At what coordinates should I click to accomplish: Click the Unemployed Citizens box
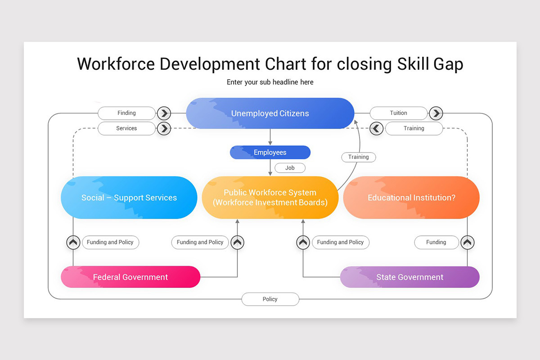pos(270,113)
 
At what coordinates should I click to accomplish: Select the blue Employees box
pos(270,153)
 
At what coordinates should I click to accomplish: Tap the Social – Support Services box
pos(129,198)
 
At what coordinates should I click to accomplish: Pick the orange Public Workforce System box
pos(270,198)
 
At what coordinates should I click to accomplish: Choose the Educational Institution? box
pos(411,198)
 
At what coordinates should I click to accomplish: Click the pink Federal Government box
pos(130,277)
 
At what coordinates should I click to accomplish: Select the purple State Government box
pos(409,277)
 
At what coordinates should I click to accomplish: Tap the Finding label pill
pos(126,113)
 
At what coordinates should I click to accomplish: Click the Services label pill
pos(126,128)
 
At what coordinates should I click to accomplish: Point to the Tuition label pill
pos(398,113)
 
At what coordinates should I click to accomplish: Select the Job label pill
pos(290,168)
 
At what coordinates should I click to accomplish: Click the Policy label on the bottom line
pos(270,299)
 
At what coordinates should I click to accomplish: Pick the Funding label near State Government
pos(436,242)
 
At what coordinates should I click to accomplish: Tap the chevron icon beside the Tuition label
pos(436,113)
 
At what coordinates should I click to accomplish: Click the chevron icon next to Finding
pos(164,113)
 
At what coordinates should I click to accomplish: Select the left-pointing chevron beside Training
pos(377,128)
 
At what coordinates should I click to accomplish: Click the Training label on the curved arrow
pos(358,157)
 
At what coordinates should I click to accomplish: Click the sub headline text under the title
pos(270,82)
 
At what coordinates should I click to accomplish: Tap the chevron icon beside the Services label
pos(164,128)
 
